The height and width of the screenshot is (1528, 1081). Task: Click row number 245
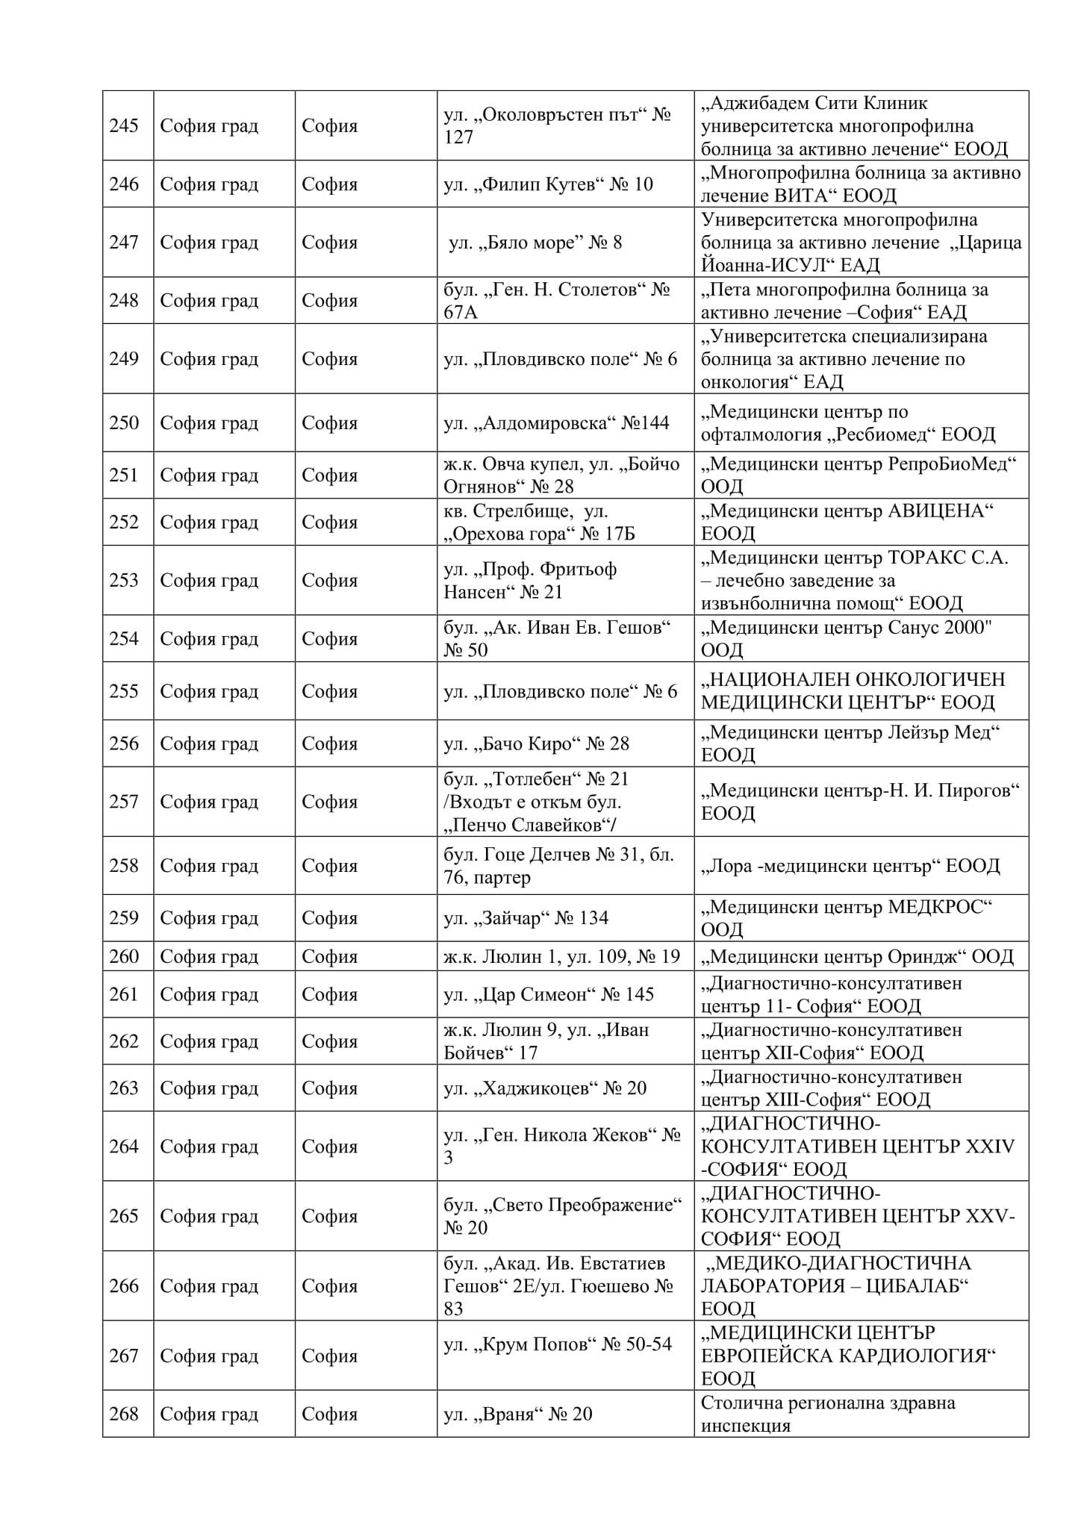click(124, 125)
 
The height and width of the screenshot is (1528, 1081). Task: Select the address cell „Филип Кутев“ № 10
click(548, 184)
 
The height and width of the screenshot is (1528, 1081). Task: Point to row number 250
click(124, 423)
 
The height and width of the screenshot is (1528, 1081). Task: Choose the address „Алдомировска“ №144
click(556, 423)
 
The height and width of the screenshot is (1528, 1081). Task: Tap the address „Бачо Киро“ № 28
click(536, 743)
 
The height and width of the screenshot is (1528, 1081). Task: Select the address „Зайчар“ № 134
click(526, 918)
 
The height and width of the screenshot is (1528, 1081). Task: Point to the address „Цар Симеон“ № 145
click(548, 994)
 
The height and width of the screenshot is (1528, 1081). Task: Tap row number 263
click(124, 1088)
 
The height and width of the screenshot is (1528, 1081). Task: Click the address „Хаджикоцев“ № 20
click(545, 1088)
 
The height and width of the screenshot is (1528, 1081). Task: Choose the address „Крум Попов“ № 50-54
click(558, 1344)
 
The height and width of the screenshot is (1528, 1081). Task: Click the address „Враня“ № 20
click(517, 1415)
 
